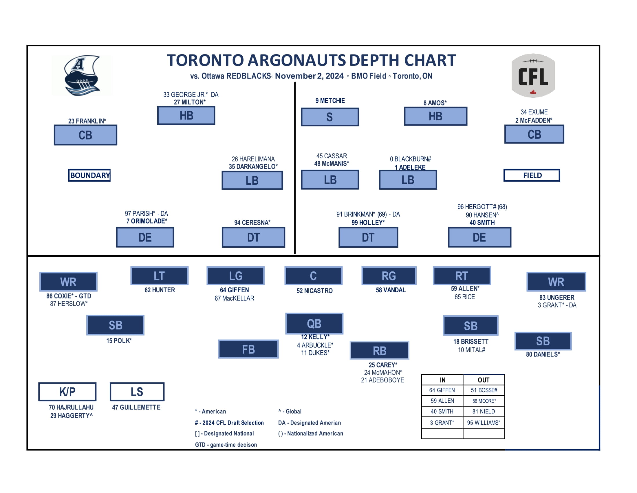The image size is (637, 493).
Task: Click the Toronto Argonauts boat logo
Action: tap(82, 75)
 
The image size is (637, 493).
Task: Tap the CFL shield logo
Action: tap(533, 75)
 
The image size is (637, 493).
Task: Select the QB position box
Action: tap(314, 323)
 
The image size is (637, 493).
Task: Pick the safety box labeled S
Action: tap(330, 117)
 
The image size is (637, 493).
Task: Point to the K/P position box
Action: tap(67, 392)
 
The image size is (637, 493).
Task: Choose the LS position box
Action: tap(137, 392)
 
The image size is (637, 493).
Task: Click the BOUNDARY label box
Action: tap(89, 175)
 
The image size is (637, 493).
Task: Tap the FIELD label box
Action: tap(531, 175)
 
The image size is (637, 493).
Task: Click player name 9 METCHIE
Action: tap(330, 101)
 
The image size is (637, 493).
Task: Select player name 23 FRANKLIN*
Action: tap(87, 121)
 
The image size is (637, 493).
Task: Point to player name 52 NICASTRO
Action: tap(314, 291)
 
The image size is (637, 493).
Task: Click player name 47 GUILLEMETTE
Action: tap(136, 407)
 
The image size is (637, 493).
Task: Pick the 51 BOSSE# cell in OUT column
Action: tap(484, 390)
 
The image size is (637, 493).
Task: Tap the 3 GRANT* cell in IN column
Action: tap(442, 423)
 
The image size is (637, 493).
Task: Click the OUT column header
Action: tap(483, 380)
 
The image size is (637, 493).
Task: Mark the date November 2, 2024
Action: tap(309, 76)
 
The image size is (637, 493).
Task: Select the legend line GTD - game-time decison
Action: tap(226, 445)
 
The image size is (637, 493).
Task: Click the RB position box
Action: tap(379, 351)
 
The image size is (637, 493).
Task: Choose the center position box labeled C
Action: tap(313, 276)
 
